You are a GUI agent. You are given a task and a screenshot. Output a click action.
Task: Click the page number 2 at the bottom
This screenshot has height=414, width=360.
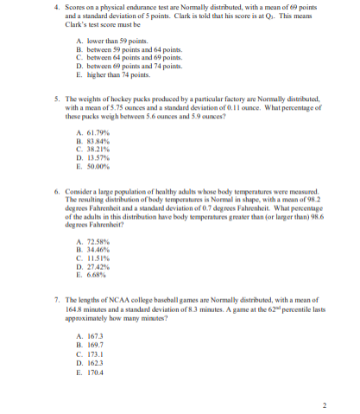point(323,404)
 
